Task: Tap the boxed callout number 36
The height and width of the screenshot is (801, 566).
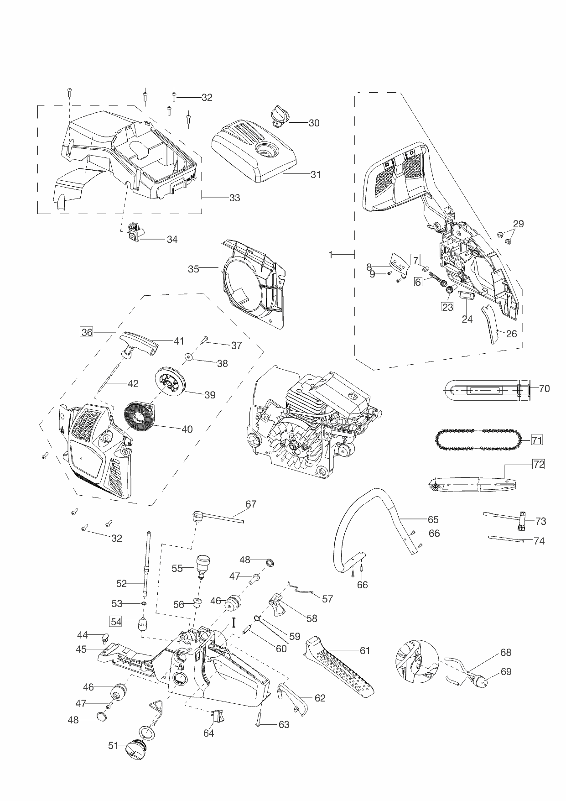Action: pyautogui.click(x=87, y=332)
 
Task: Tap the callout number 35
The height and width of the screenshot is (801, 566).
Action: pyautogui.click(x=193, y=269)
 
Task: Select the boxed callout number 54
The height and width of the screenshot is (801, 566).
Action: pyautogui.click(x=116, y=622)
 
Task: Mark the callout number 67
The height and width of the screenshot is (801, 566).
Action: pyautogui.click(x=251, y=504)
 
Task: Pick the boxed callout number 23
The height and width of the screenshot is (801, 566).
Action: pyautogui.click(x=447, y=307)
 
